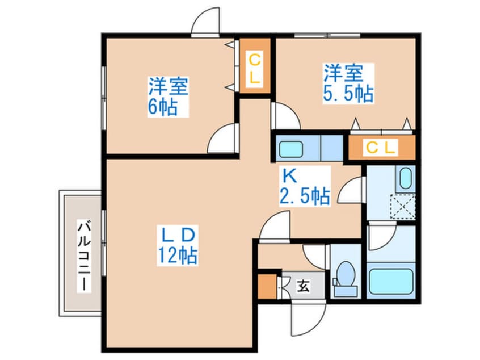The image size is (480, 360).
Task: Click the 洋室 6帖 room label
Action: (x=169, y=96)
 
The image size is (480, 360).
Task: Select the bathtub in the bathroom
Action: (x=391, y=281)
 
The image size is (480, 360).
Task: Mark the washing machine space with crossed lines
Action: (x=405, y=206)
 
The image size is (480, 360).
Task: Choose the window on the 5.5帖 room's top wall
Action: (x=327, y=35)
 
